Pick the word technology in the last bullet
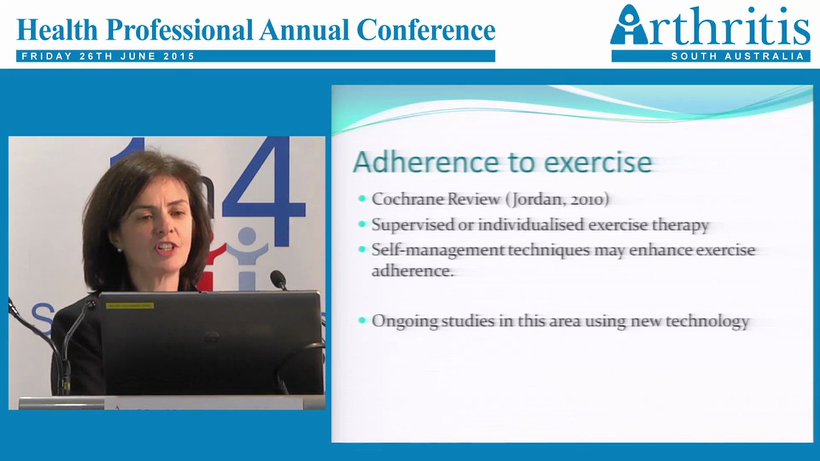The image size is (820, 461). click(707, 321)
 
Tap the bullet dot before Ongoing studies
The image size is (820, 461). click(363, 320)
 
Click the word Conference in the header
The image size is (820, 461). click(425, 29)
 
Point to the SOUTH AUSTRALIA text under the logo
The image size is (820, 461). click(737, 56)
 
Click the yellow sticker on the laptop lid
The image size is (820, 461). click(129, 305)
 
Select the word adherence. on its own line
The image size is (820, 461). click(413, 271)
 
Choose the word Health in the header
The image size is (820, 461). click(56, 29)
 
